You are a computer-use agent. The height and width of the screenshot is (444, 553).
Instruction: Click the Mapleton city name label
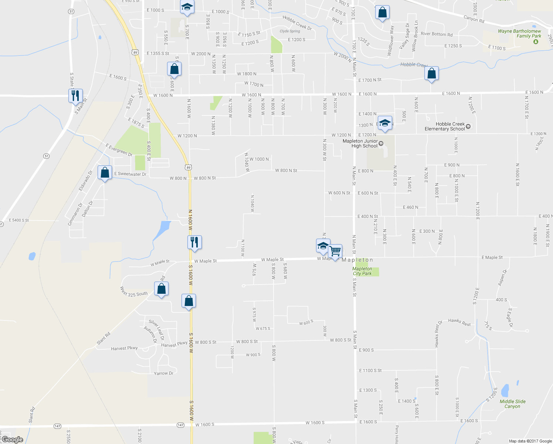pos(357,260)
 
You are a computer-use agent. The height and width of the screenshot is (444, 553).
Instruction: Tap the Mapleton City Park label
pos(362,271)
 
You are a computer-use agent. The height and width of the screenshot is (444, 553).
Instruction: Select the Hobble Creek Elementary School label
pos(445,127)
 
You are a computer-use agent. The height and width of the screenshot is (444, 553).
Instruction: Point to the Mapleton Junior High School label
pos(360,144)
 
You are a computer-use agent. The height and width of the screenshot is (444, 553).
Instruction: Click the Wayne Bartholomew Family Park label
pos(519,34)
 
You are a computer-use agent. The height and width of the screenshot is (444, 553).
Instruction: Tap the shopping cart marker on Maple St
pos(335,252)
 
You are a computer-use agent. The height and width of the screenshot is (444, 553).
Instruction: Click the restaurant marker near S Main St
pos(75,96)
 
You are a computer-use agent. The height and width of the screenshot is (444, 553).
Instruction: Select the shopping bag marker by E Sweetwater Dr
pos(105,173)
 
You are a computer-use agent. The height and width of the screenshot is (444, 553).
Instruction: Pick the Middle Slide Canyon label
pos(512,404)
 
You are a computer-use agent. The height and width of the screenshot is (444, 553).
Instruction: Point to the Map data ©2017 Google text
pos(530,441)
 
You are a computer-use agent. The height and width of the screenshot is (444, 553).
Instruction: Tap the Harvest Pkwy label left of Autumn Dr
pos(124,349)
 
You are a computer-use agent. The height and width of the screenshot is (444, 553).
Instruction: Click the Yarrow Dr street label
pos(163,374)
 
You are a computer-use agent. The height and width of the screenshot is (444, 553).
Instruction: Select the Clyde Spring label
pos(290,31)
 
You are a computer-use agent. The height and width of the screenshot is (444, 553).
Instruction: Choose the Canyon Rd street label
pos(474,18)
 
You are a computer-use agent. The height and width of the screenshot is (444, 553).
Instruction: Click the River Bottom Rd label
pos(437,34)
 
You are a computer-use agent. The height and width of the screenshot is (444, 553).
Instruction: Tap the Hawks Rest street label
pos(459,322)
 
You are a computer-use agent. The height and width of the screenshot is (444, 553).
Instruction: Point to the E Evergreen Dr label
pos(119,150)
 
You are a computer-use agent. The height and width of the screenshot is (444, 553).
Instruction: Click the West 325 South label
pos(134,292)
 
